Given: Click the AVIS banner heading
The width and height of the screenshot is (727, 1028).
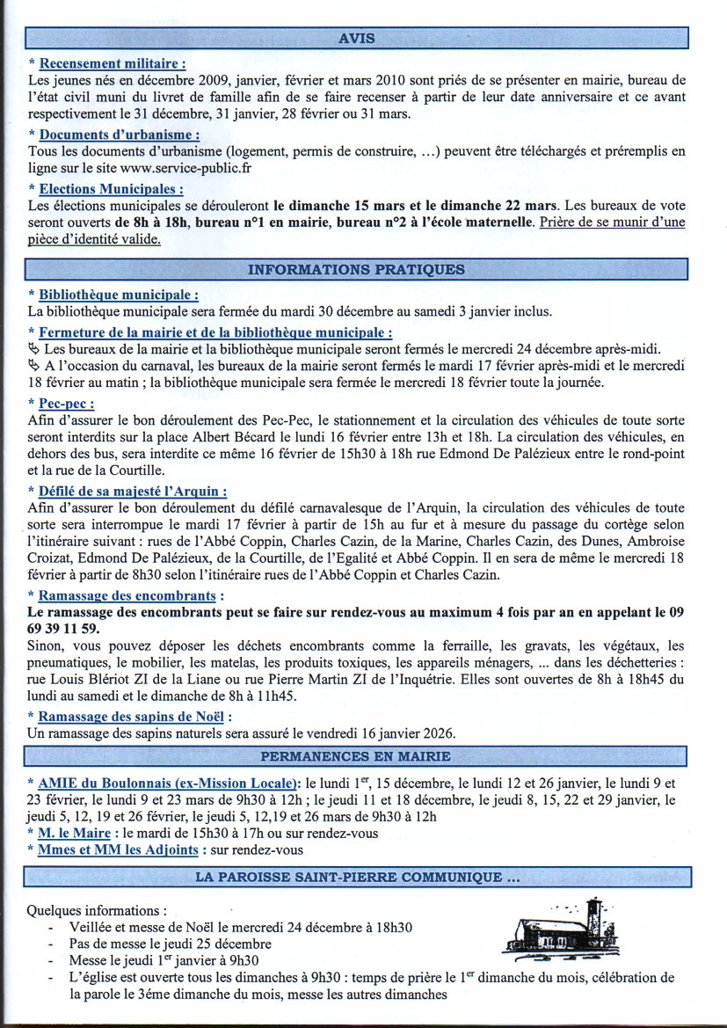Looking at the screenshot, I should click(x=356, y=38).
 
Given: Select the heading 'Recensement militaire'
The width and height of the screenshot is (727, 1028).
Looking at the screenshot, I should click(x=112, y=63).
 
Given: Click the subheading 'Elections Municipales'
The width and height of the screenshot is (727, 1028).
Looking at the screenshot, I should click(x=111, y=189).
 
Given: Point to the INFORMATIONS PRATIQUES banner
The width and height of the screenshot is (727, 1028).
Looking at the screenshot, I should click(x=356, y=270).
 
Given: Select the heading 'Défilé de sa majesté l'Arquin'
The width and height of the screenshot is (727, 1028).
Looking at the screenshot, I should click(x=133, y=491).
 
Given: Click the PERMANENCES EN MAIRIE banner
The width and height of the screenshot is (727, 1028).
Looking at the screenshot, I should click(x=356, y=756).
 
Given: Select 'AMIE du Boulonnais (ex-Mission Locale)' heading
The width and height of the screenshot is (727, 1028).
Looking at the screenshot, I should click(x=166, y=783).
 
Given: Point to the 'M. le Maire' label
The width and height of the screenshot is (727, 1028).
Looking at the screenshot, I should click(x=75, y=833).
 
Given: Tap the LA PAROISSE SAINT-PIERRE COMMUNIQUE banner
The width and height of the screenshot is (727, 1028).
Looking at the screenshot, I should click(x=356, y=878).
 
